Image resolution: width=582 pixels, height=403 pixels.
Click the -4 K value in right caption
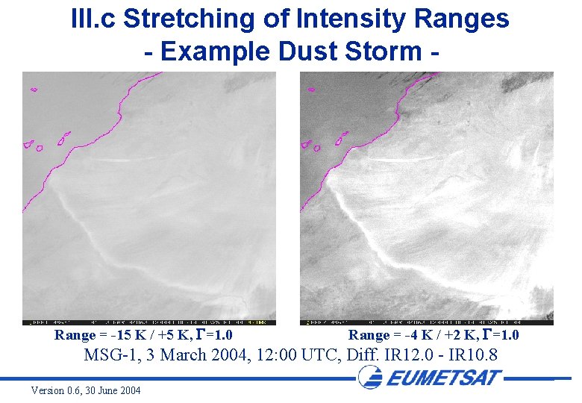[x=417, y=335]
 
